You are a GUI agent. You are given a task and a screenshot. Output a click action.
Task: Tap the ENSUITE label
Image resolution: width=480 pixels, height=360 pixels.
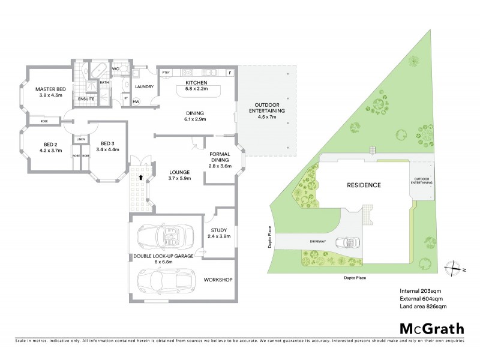(x=86, y=98)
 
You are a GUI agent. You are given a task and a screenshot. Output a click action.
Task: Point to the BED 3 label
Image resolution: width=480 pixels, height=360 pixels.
(x=107, y=143)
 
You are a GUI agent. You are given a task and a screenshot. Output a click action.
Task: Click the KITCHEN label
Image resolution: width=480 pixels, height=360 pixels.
(x=196, y=82)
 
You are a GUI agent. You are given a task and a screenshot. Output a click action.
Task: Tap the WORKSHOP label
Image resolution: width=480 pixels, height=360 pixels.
(x=218, y=280)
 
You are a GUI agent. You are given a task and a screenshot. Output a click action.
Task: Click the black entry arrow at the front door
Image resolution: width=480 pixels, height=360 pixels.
(x=141, y=178)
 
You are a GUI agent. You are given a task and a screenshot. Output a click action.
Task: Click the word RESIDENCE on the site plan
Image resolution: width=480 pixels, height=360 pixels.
(x=363, y=185)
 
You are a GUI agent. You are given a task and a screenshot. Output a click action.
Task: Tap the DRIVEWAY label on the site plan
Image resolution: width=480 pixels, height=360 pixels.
(x=317, y=241)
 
